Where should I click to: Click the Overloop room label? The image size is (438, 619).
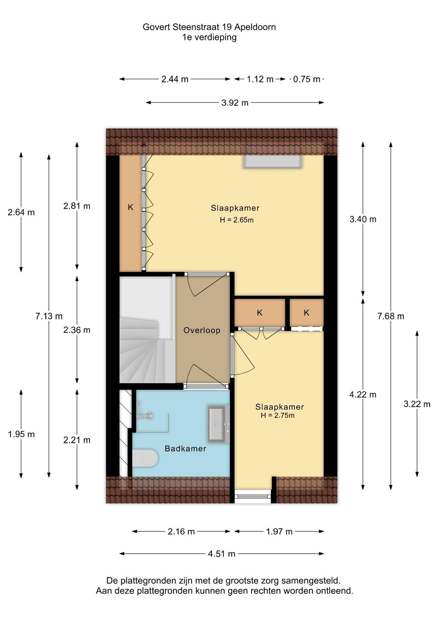pyautogui.click(x=202, y=330)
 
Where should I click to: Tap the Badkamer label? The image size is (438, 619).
pyautogui.click(x=185, y=448)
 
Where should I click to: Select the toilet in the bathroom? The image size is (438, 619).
pyautogui.click(x=145, y=458)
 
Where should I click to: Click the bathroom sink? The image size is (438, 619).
pyautogui.click(x=219, y=424)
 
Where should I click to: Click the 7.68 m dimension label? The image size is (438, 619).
pyautogui.click(x=391, y=316)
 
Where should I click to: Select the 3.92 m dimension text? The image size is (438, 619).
pyautogui.click(x=235, y=103)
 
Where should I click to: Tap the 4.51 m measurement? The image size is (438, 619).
pyautogui.click(x=222, y=554)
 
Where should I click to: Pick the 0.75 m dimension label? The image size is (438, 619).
pyautogui.click(x=307, y=79)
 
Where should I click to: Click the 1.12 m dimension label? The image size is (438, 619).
pyautogui.click(x=260, y=79)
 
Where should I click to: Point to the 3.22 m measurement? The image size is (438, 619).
pyautogui.click(x=417, y=404)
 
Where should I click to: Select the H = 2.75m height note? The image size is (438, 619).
pyautogui.click(x=278, y=416)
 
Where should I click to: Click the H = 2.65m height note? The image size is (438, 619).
pyautogui.click(x=237, y=220)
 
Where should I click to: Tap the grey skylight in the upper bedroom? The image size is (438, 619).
pyautogui.click(x=273, y=161)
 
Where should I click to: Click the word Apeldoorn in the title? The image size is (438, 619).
pyautogui.click(x=255, y=27)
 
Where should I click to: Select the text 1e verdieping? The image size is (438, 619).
pyautogui.click(x=209, y=37)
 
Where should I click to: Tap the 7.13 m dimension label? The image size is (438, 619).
pyautogui.click(x=49, y=316)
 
